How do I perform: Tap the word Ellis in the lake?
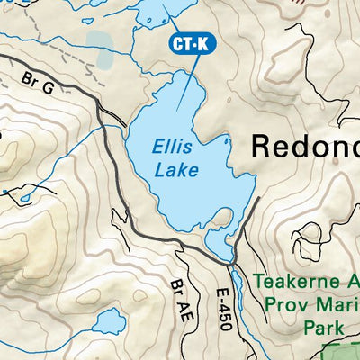(172, 146)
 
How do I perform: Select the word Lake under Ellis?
(174, 168)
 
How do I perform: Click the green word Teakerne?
(296, 281)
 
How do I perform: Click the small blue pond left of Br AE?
(110, 321)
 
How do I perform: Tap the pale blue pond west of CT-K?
(102, 59)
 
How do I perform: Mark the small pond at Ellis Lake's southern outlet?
(219, 241)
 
